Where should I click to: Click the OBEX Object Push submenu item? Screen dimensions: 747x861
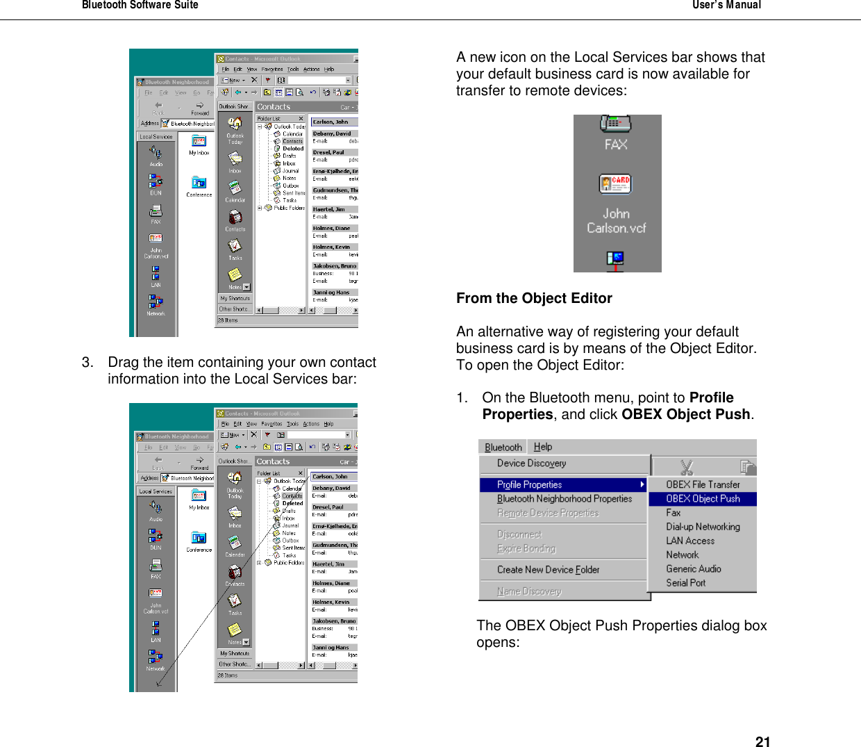coord(702,499)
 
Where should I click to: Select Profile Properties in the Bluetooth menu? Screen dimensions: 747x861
coord(530,484)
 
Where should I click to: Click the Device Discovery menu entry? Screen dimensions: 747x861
coord(531,463)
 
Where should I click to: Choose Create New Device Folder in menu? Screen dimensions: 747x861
coord(548,570)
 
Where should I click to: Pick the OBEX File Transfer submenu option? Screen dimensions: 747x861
coord(702,484)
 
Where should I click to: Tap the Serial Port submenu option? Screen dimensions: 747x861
coord(685,583)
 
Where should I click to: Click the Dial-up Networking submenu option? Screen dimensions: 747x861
coord(702,527)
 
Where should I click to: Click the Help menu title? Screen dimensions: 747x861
coord(543,447)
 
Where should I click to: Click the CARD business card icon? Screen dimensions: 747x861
coord(615,183)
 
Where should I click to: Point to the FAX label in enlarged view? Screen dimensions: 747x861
coord(616,145)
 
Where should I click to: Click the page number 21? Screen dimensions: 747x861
coord(762,741)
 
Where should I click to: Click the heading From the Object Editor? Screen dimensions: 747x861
coord(534,298)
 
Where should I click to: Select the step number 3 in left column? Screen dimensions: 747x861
coord(87,362)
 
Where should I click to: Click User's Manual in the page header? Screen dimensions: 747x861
coord(726,5)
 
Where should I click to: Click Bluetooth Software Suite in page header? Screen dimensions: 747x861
coord(140,5)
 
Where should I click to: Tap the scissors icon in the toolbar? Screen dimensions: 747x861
coord(687,466)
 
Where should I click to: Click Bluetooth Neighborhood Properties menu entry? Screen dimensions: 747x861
coord(564,499)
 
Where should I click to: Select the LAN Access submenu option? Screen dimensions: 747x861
coord(689,541)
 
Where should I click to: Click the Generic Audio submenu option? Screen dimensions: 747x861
coord(693,568)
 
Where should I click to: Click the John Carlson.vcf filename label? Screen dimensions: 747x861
coord(616,221)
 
